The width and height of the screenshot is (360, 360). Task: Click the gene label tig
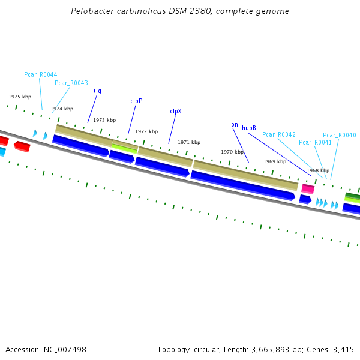[x=97, y=91]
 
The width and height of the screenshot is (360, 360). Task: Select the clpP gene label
[x=136, y=101]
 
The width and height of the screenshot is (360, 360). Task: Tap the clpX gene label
[x=176, y=111]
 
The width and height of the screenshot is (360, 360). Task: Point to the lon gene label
[x=233, y=125]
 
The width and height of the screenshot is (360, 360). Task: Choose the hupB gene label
[x=249, y=128]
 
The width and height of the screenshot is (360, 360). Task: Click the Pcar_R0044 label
[x=41, y=74]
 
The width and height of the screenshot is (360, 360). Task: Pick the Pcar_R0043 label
[x=71, y=83]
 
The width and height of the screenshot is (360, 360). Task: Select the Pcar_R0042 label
[x=279, y=134]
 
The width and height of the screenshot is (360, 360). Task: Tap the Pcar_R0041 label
[x=315, y=142]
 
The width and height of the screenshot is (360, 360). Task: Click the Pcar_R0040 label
[x=340, y=135]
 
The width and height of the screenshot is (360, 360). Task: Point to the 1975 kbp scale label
[x=20, y=97]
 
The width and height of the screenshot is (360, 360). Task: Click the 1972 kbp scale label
[x=146, y=131]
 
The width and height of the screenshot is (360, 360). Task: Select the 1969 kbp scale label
[x=275, y=161]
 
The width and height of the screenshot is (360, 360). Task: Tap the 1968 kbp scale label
[x=318, y=170]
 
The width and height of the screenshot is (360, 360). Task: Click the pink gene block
[x=308, y=189]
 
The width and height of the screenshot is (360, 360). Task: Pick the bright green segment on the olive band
[x=124, y=146]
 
